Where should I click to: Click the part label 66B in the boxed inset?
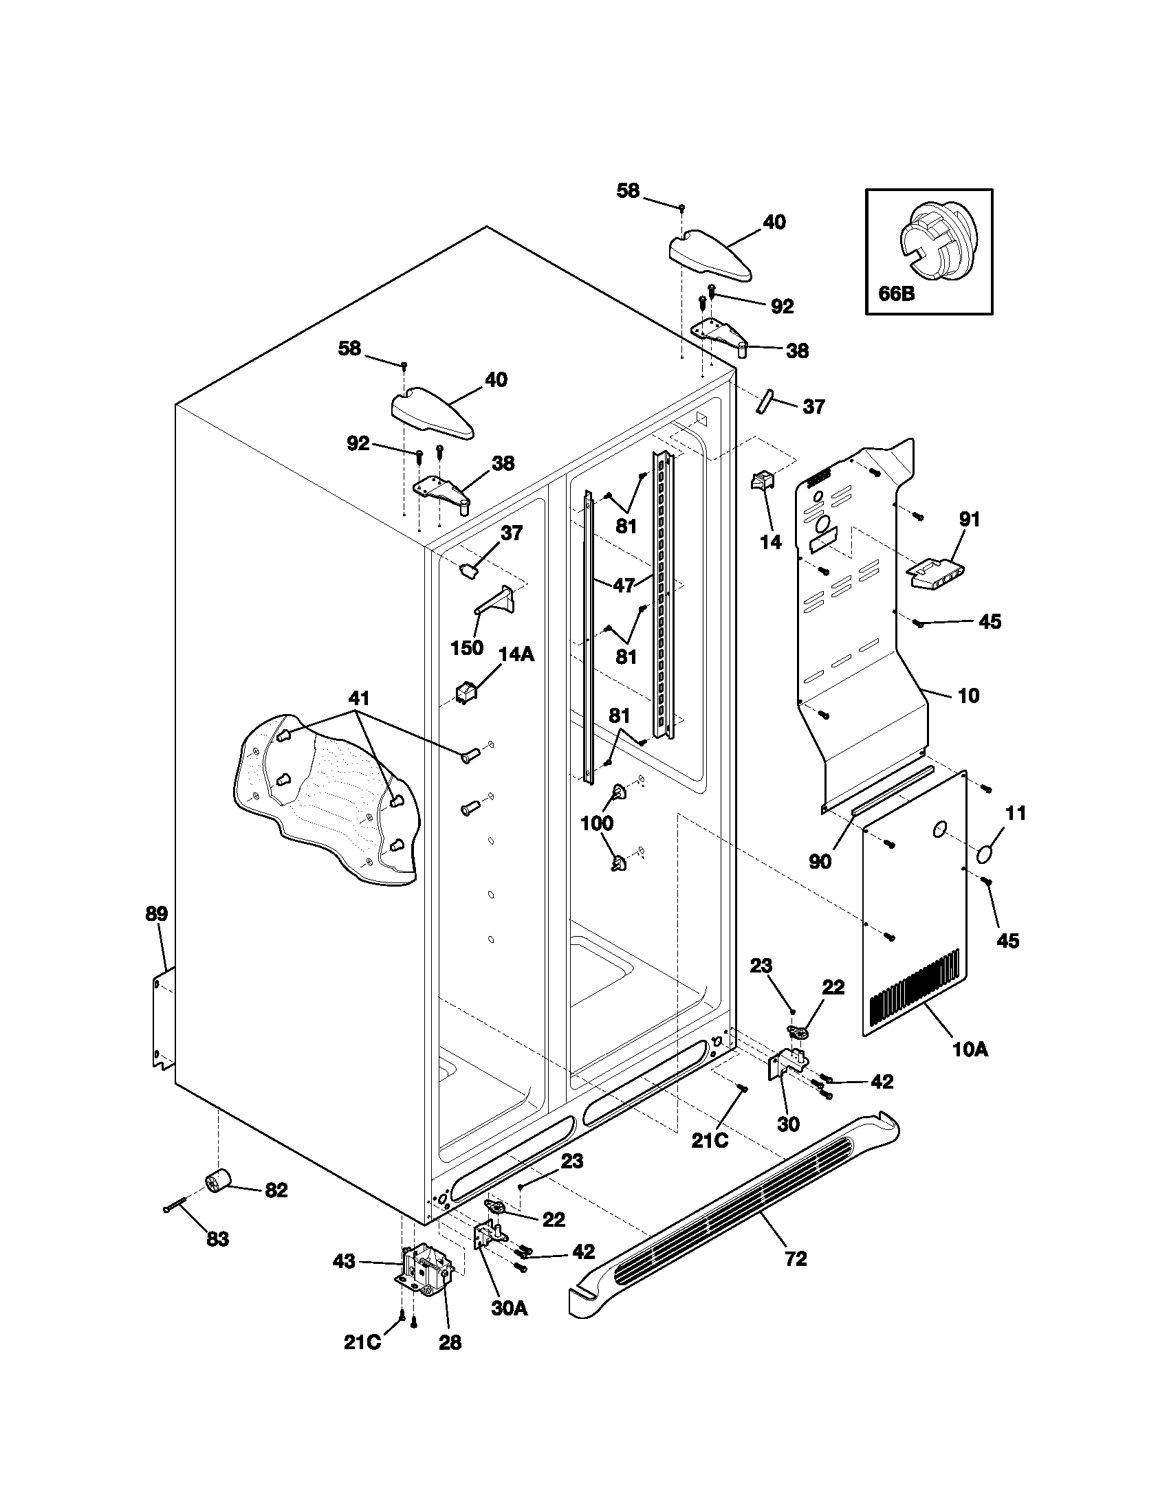896,293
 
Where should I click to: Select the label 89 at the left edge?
156,914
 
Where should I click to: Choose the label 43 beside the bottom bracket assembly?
344,1261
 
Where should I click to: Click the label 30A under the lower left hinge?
510,1309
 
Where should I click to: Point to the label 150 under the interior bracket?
466,647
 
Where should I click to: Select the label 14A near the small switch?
516,654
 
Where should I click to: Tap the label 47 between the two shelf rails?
623,585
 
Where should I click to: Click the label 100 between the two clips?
596,823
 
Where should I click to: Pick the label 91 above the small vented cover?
970,518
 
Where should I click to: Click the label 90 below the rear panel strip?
820,862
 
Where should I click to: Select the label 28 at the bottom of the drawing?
450,1342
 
